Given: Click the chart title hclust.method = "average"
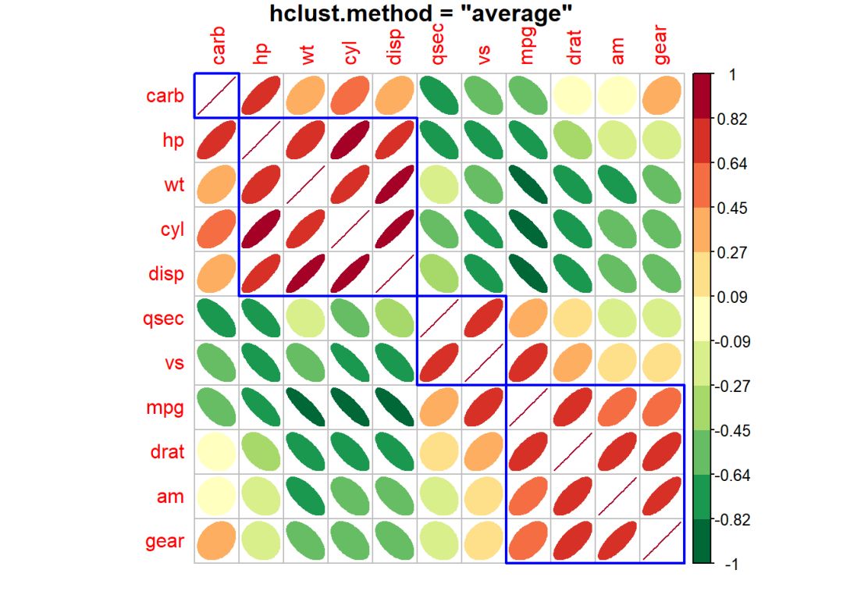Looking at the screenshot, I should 421,13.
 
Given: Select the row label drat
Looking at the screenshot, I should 167,452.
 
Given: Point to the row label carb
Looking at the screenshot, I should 165,97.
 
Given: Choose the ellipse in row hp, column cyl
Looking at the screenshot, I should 350,141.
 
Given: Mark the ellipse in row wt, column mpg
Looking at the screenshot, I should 528,186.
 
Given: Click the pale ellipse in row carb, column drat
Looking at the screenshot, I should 573,97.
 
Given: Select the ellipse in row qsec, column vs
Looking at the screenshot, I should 484,319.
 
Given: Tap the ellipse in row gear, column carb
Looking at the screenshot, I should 216,541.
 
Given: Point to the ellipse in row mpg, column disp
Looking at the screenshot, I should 395,408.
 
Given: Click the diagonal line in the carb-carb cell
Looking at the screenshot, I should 216,97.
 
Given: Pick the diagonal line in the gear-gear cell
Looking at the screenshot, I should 662,541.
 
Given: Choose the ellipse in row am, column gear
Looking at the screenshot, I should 662,497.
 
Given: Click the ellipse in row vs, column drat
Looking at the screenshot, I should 573,363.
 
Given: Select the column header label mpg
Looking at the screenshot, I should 529,48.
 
